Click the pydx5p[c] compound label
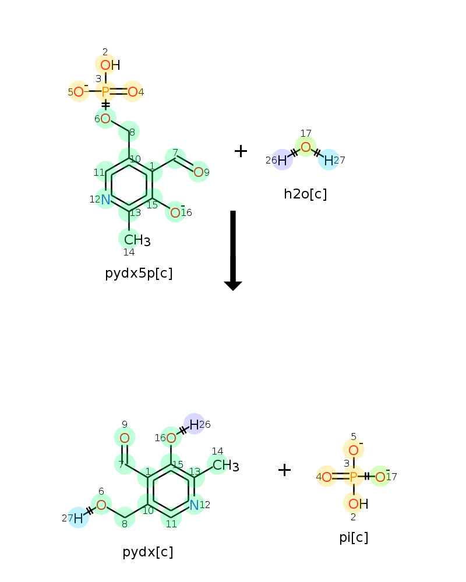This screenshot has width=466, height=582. click(x=139, y=274)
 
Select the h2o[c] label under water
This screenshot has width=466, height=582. click(x=305, y=194)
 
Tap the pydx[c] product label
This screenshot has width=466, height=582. click(x=148, y=552)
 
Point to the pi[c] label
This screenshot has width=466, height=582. click(x=354, y=537)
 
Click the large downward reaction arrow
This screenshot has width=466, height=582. click(x=233, y=250)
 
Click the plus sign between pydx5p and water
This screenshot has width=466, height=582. click(x=241, y=151)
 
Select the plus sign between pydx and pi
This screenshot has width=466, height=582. click(x=285, y=470)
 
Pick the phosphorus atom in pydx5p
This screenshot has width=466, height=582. click(x=105, y=92)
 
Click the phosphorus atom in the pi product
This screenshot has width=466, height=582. click(x=354, y=477)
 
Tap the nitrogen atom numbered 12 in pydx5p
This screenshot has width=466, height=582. click(x=105, y=199)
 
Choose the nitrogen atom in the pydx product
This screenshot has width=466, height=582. click(x=194, y=505)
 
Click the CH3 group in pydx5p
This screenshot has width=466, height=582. click(x=137, y=240)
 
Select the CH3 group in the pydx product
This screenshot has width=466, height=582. click(x=225, y=466)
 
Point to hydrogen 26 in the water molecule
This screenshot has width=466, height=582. click(x=282, y=161)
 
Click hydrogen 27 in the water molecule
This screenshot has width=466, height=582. click(x=329, y=161)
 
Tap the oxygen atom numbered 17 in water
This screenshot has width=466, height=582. click(x=305, y=147)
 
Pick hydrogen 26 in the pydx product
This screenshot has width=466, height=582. click(x=194, y=424)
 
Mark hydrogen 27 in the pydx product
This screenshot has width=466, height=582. click(x=78, y=518)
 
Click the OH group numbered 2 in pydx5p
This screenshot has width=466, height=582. click(x=110, y=65)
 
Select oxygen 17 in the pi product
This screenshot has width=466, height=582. click(x=380, y=477)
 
